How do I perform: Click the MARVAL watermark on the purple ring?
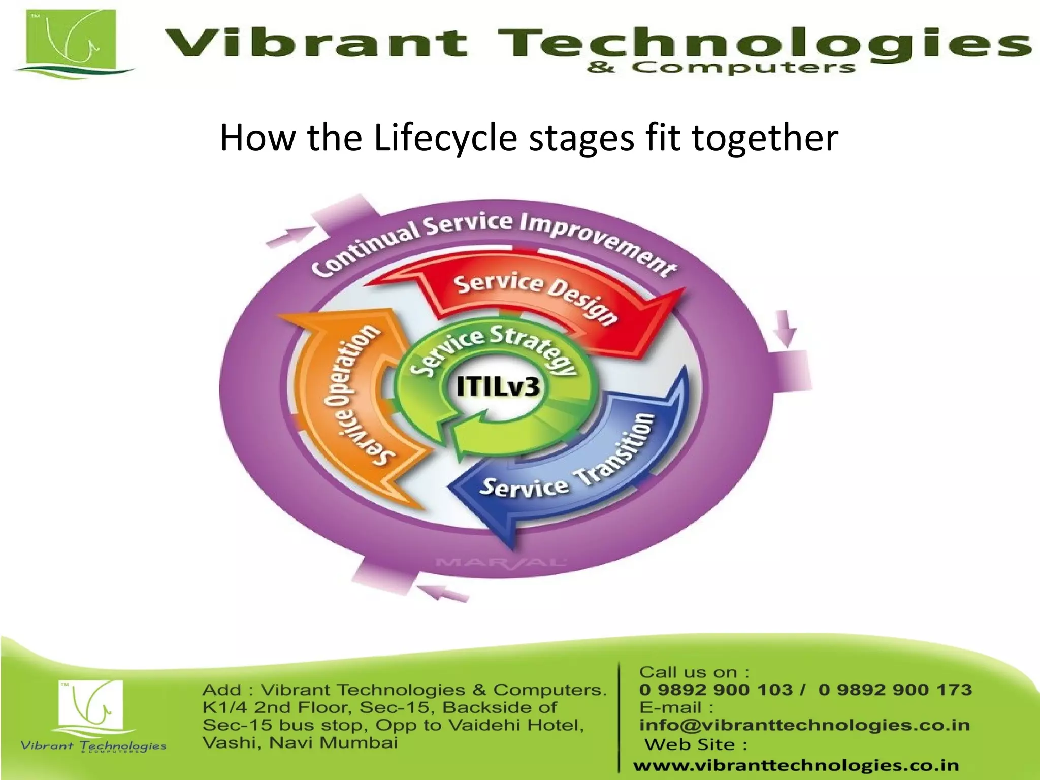click(x=500, y=562)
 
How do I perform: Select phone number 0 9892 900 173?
click(x=895, y=690)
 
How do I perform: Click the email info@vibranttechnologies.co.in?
click(x=804, y=725)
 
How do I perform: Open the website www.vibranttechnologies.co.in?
click(x=796, y=765)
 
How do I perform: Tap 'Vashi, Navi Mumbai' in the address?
click(x=300, y=743)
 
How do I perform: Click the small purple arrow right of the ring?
click(x=785, y=328)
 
